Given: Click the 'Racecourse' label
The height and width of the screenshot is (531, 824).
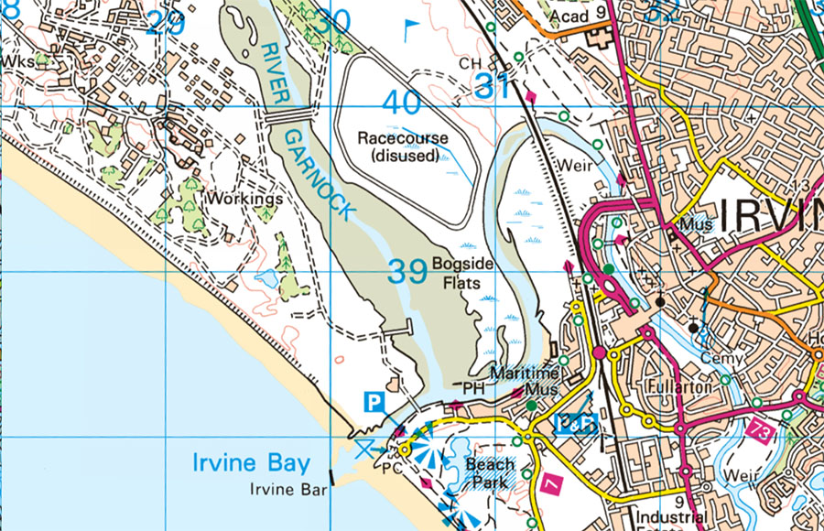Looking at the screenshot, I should (x=403, y=138).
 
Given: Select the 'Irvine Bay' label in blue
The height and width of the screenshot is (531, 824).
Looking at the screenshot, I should (x=251, y=463).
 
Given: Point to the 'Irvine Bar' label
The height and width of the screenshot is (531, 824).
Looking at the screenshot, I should (x=288, y=490).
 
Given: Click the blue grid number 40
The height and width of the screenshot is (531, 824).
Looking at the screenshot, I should (x=402, y=103).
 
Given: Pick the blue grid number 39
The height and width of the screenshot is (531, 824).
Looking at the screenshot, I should (x=407, y=271).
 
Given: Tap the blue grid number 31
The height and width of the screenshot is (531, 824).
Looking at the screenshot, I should (x=492, y=87).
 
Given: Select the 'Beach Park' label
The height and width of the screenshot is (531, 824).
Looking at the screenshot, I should (x=490, y=472).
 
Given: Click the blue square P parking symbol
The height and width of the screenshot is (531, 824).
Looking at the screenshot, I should (x=374, y=400).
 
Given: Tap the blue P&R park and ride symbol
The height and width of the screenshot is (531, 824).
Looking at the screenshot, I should (x=576, y=423).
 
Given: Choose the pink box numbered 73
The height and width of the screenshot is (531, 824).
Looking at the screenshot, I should (x=760, y=428).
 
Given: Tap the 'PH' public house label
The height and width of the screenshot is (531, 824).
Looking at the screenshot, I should (x=472, y=389).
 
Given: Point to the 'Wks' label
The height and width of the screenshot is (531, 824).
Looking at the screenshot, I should (x=16, y=60).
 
